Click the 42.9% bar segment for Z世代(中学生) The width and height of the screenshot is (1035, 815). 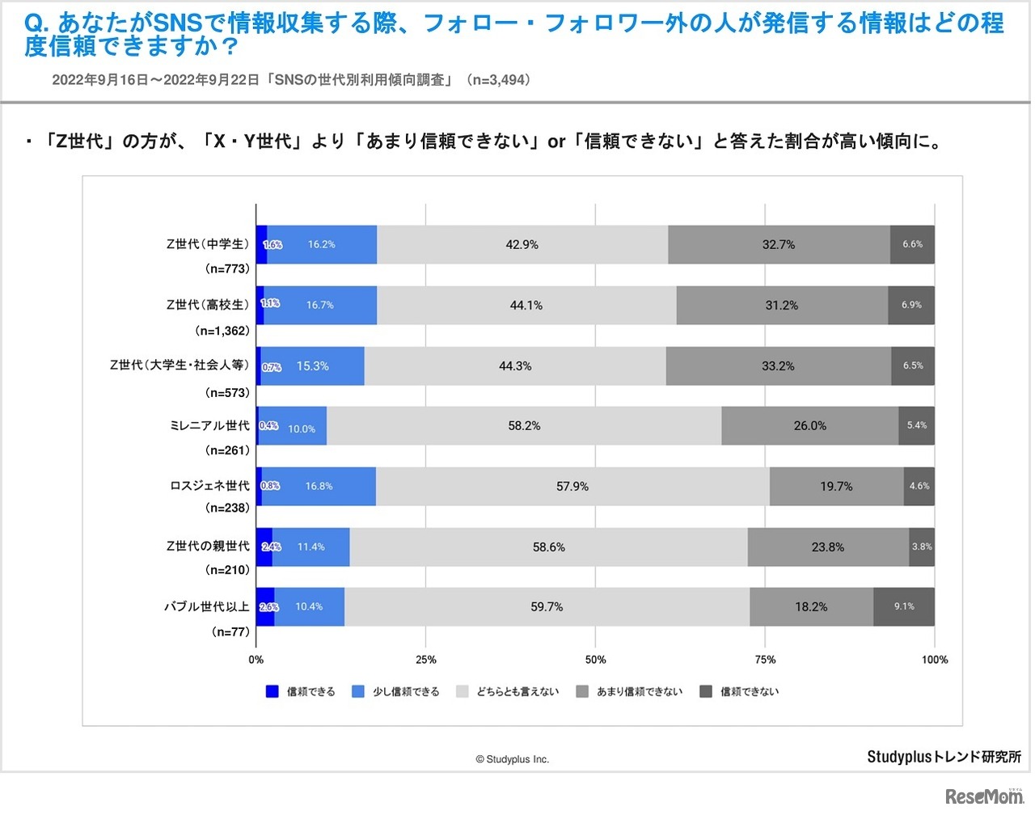(522, 244)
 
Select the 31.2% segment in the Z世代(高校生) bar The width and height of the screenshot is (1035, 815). (782, 305)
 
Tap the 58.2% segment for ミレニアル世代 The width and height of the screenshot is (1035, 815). (524, 425)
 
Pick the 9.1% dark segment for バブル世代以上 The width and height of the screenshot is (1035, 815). (904, 606)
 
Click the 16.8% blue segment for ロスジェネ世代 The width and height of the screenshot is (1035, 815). (319, 486)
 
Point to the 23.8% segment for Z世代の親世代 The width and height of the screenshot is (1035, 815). (828, 547)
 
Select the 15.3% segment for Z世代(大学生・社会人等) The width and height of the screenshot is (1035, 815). (312, 365)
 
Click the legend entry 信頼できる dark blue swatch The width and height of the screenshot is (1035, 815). (272, 691)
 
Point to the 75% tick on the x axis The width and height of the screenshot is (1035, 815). (765, 659)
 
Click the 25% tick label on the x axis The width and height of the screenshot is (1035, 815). (425, 659)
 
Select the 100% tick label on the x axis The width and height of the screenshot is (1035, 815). (934, 659)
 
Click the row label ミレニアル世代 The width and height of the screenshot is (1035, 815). (209, 425)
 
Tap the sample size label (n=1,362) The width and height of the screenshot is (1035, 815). (222, 331)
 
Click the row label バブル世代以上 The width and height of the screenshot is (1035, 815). (207, 606)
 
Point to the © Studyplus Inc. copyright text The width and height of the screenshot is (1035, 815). (512, 759)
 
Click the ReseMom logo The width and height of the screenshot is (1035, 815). (984, 796)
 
